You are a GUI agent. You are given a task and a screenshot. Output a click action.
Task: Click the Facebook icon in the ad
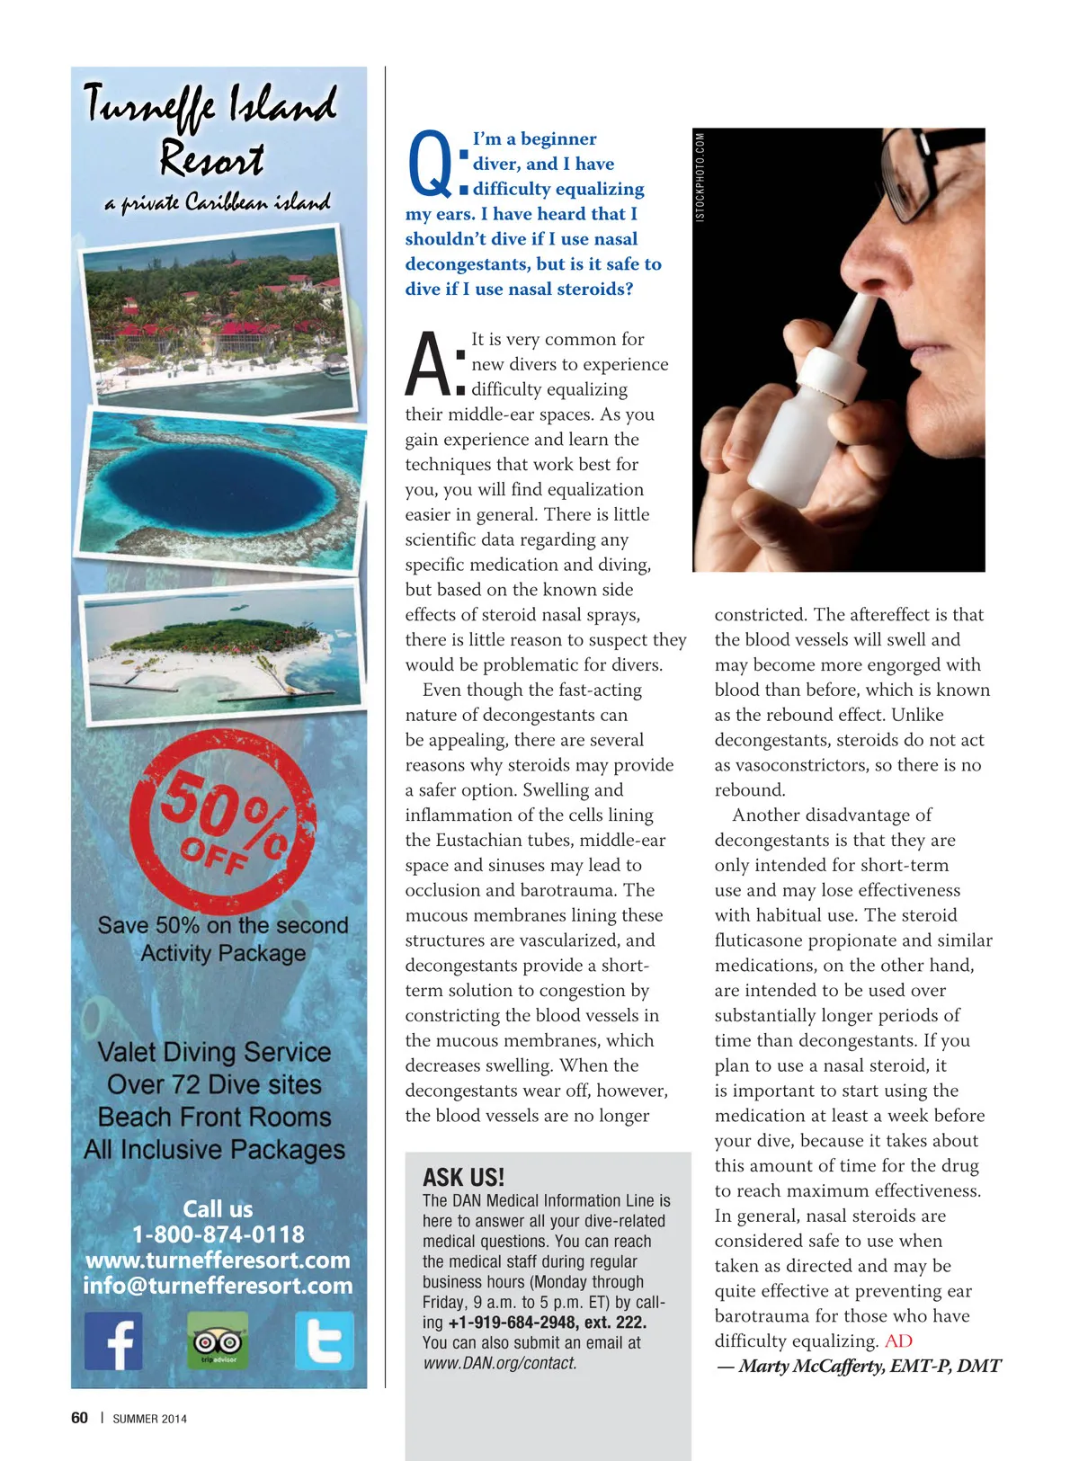113,1340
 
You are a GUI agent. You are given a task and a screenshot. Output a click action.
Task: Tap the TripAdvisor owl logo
218,1341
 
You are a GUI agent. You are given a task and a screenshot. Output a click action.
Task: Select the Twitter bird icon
324,1341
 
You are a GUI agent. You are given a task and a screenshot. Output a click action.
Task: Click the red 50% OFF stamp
222,822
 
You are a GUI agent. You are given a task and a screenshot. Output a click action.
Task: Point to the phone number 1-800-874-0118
218,1234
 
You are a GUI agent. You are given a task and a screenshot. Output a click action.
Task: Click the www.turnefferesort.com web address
218,1260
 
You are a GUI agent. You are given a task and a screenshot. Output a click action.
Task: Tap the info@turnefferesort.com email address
218,1286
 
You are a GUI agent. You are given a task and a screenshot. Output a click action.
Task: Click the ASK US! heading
463,1178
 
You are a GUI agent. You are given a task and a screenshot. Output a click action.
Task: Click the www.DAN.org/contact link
500,1363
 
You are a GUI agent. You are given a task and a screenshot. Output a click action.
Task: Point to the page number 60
79,1418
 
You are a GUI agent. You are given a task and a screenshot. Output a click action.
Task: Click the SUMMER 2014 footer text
149,1419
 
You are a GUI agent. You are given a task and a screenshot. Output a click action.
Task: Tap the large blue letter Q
430,165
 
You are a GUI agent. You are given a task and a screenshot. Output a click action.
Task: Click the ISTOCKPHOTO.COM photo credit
700,176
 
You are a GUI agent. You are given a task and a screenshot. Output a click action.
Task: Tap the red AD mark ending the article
898,1341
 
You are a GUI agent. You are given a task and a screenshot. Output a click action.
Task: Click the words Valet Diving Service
214,1052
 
